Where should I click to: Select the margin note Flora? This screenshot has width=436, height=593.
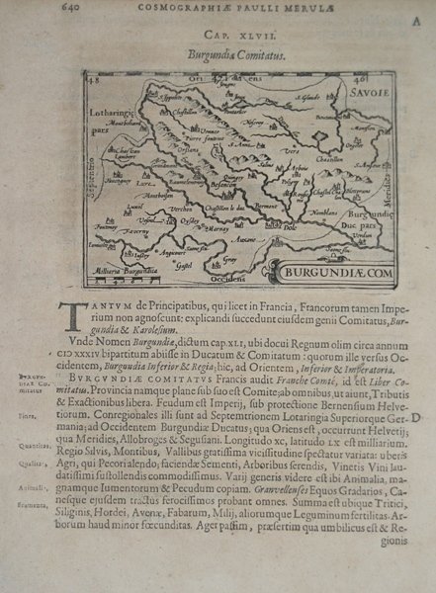(51, 418)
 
